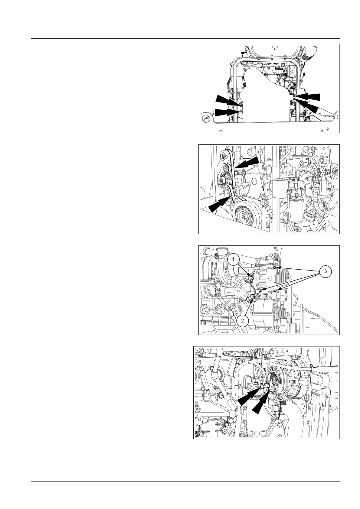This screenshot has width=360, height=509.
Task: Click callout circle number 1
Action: pos(233,259)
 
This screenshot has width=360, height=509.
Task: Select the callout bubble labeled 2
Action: pos(242,320)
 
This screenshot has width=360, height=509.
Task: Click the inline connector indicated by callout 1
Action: pos(251,275)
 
